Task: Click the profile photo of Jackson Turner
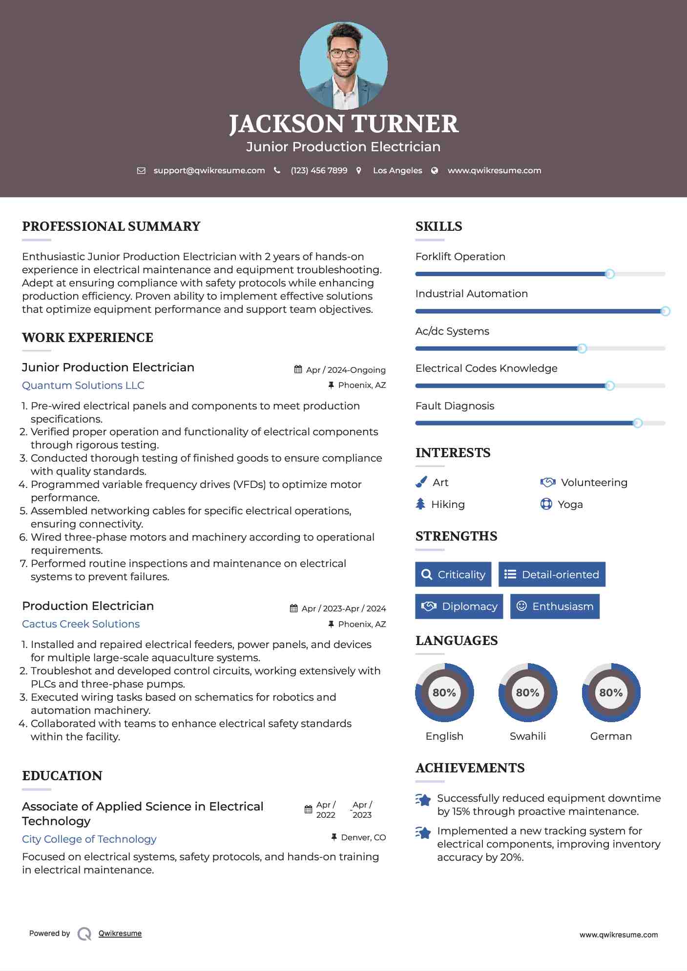pos(343,65)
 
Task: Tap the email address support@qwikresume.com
pos(209,170)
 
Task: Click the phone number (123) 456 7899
pos(319,170)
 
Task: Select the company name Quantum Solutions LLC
pos(83,385)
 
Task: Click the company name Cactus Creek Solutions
pos(81,624)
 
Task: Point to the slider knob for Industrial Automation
pos(665,311)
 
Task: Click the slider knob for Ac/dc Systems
pos(582,348)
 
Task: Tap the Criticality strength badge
pos(453,574)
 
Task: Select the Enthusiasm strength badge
pos(555,607)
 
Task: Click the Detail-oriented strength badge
pos(552,574)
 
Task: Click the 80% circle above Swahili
pos(527,692)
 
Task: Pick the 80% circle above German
pos(611,692)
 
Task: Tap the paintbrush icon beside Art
pos(421,483)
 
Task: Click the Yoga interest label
pos(570,505)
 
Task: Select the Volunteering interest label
pos(594,483)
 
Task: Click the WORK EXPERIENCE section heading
pos(87,338)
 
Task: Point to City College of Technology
pos(89,839)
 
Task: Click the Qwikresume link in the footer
pos(120,933)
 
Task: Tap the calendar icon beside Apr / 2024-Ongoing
pos(298,369)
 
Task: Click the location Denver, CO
pos(363,837)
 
